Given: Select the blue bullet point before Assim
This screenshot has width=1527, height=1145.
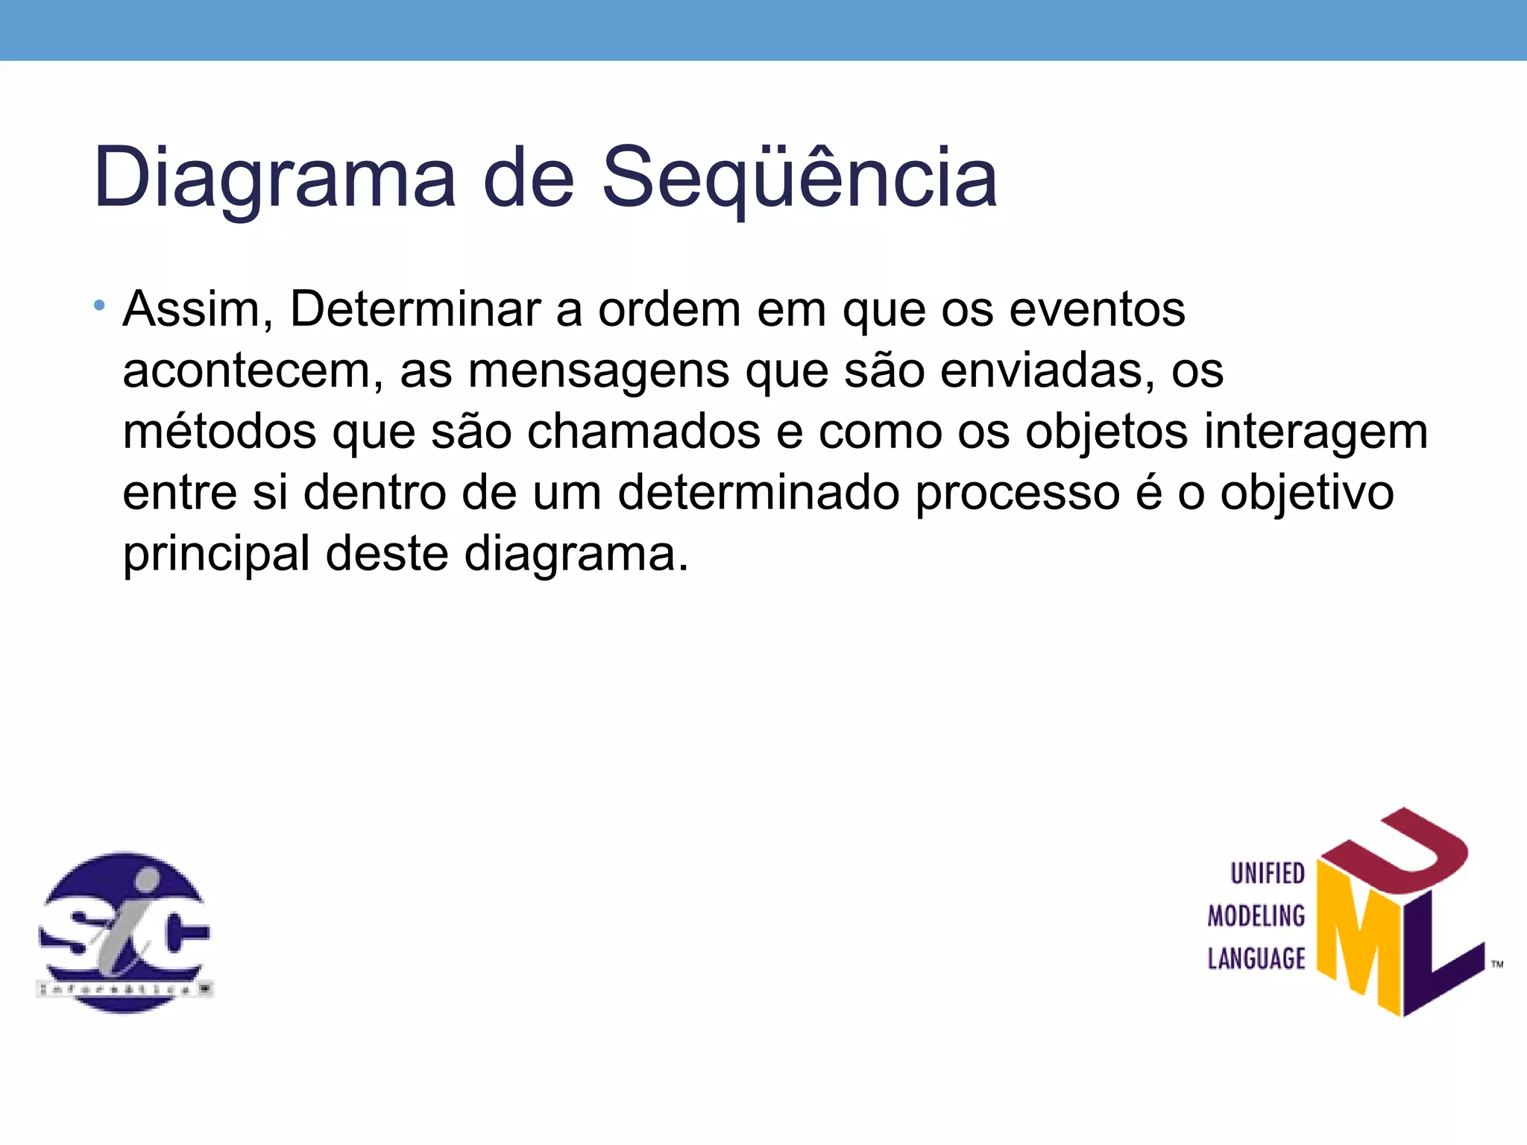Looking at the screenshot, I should click(100, 306).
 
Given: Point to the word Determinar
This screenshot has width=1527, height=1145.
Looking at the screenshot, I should click(415, 309).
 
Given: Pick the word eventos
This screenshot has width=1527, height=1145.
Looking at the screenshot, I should click(1097, 309).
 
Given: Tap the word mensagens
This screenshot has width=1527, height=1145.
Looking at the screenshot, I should click(598, 370).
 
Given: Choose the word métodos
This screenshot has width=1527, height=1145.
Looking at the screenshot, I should click(219, 432).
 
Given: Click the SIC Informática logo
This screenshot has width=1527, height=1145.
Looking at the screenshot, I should click(125, 932).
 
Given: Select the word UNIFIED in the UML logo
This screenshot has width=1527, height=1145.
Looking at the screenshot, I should click(1267, 873).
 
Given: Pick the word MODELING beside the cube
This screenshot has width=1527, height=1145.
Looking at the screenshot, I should click(1256, 915).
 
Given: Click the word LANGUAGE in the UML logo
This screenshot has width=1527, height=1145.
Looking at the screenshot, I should click(1256, 958).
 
